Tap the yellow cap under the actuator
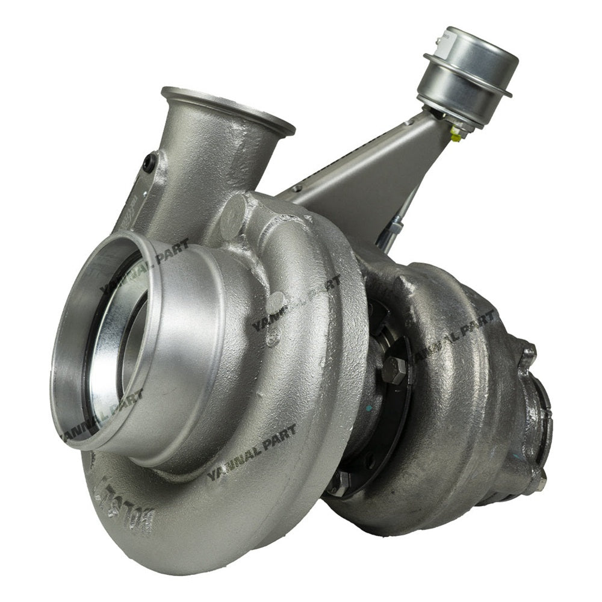coord(455,138)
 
